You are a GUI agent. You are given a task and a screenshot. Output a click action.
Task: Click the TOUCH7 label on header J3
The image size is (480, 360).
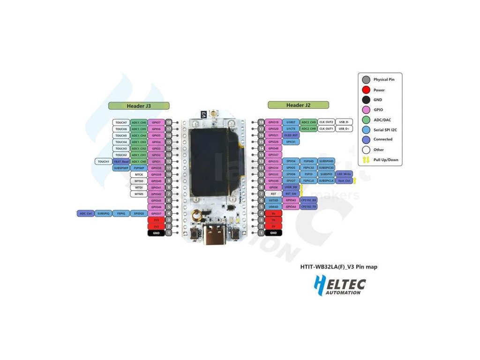tap(121, 122)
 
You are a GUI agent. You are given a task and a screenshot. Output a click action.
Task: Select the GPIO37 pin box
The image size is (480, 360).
tap(157, 213)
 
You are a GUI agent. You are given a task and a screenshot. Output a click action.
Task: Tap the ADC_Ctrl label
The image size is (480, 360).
tap(85, 213)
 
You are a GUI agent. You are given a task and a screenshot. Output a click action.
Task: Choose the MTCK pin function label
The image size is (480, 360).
tap(139, 174)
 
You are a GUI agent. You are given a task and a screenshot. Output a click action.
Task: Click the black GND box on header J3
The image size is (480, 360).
tap(157, 233)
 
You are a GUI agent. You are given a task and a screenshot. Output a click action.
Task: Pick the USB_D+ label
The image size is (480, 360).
tap(344, 128)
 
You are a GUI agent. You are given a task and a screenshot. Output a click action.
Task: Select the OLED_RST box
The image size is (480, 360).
tap(291, 135)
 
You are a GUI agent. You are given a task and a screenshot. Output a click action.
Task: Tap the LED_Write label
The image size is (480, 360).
tap(344, 174)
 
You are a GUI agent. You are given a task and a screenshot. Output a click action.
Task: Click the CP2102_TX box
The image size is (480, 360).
tap(309, 206)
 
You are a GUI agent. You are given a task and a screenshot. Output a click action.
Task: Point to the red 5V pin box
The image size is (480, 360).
tap(273, 226)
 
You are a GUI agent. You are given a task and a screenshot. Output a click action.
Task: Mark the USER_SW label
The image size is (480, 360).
tap(291, 187)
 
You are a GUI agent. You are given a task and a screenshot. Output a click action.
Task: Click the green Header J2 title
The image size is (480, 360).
tap(298, 105)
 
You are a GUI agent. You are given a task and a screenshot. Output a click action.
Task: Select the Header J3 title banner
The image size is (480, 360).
tap(139, 106)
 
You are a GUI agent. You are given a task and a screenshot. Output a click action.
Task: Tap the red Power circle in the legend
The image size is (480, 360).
tap(366, 90)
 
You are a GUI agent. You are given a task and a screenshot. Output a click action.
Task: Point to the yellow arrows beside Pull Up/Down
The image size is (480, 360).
tap(366, 159)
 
